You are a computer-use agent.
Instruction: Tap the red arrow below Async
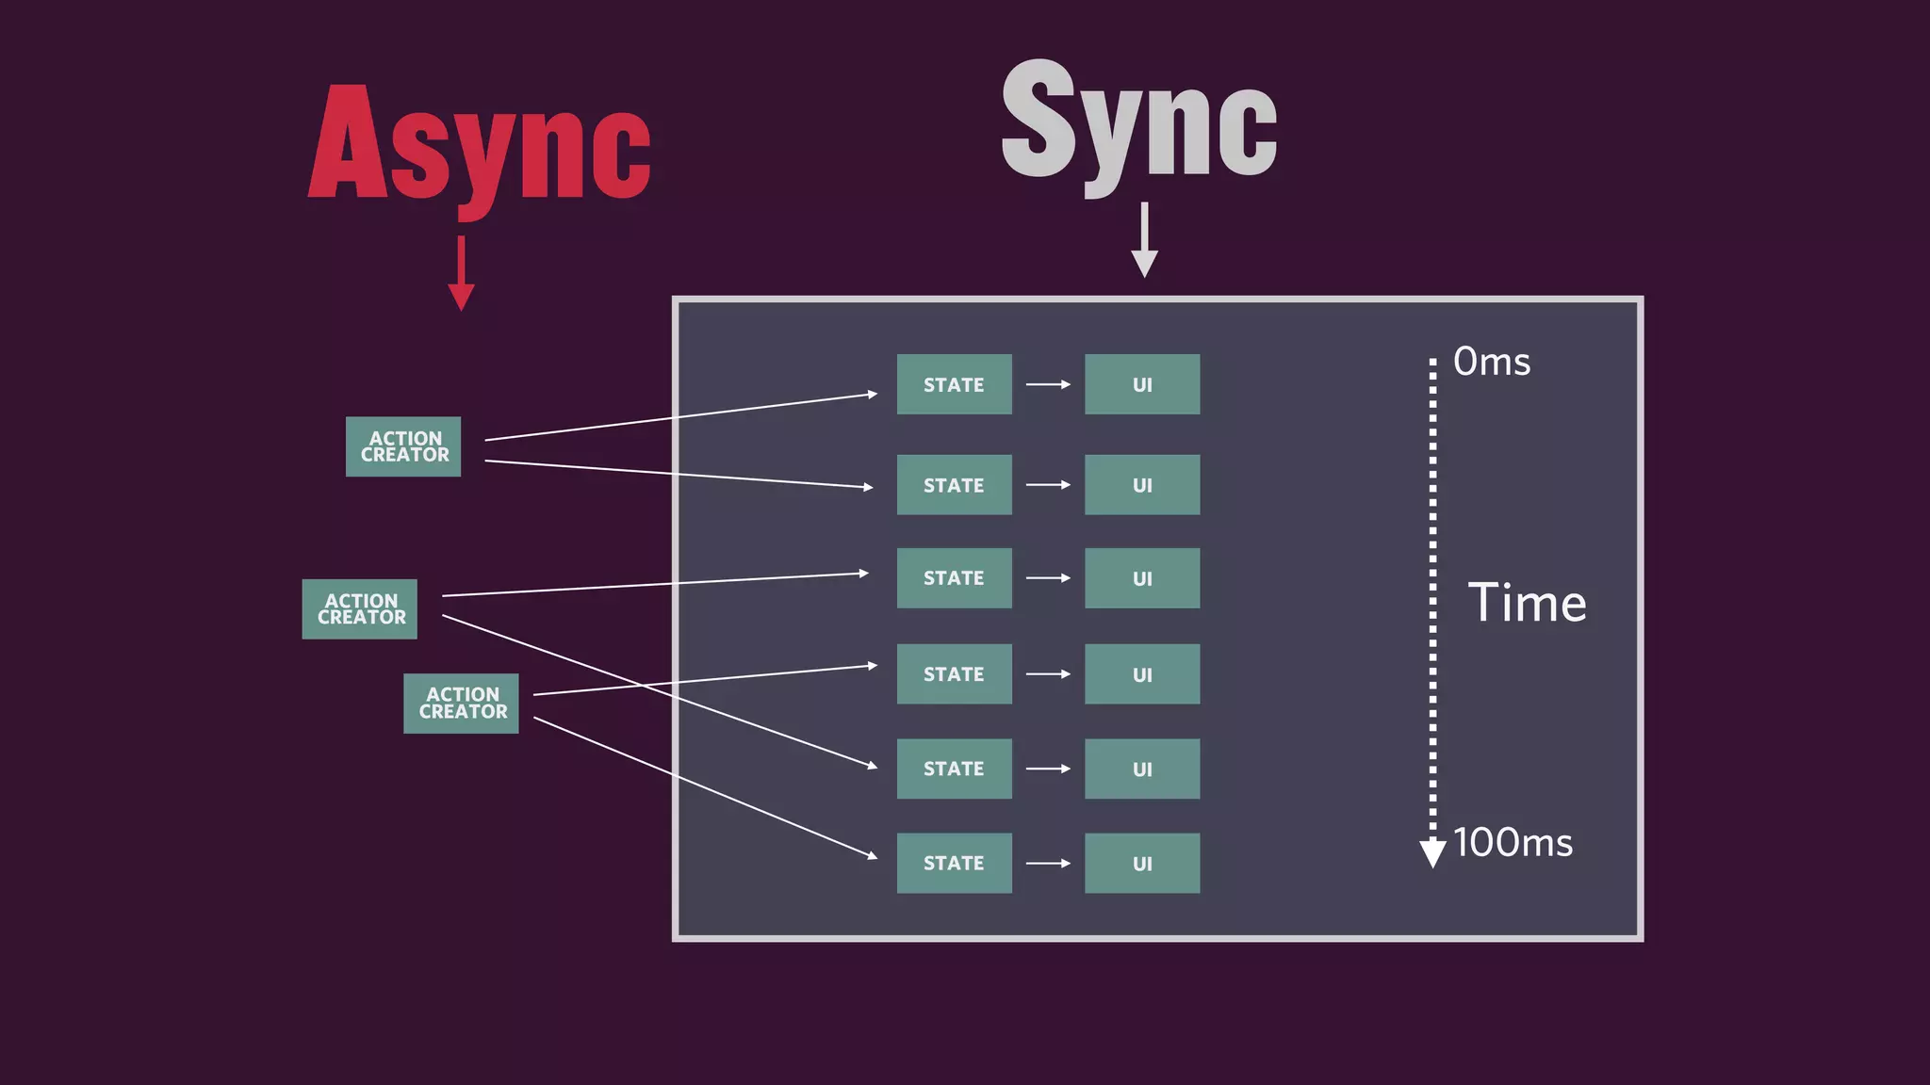coord(461,273)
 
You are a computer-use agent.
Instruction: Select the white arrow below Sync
coord(1144,240)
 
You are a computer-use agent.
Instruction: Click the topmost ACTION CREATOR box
coord(403,446)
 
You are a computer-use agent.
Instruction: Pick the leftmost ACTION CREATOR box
coord(360,609)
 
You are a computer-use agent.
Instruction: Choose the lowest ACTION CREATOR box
coord(461,704)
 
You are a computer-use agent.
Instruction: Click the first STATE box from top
coord(954,384)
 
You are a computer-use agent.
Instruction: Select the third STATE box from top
coord(954,578)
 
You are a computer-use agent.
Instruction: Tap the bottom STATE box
coord(954,863)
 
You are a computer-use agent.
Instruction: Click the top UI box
coord(1142,384)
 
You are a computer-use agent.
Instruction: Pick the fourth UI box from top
coord(1142,674)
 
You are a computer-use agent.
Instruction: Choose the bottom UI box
coord(1142,863)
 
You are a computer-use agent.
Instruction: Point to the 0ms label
coord(1492,362)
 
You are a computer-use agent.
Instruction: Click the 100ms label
coord(1513,843)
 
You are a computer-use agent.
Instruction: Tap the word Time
coord(1527,603)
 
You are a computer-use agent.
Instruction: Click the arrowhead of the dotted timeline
coord(1432,852)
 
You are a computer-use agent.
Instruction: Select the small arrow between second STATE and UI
coord(1048,485)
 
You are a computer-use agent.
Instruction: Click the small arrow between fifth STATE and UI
coord(1048,769)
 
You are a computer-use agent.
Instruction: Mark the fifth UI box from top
coord(1142,769)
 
